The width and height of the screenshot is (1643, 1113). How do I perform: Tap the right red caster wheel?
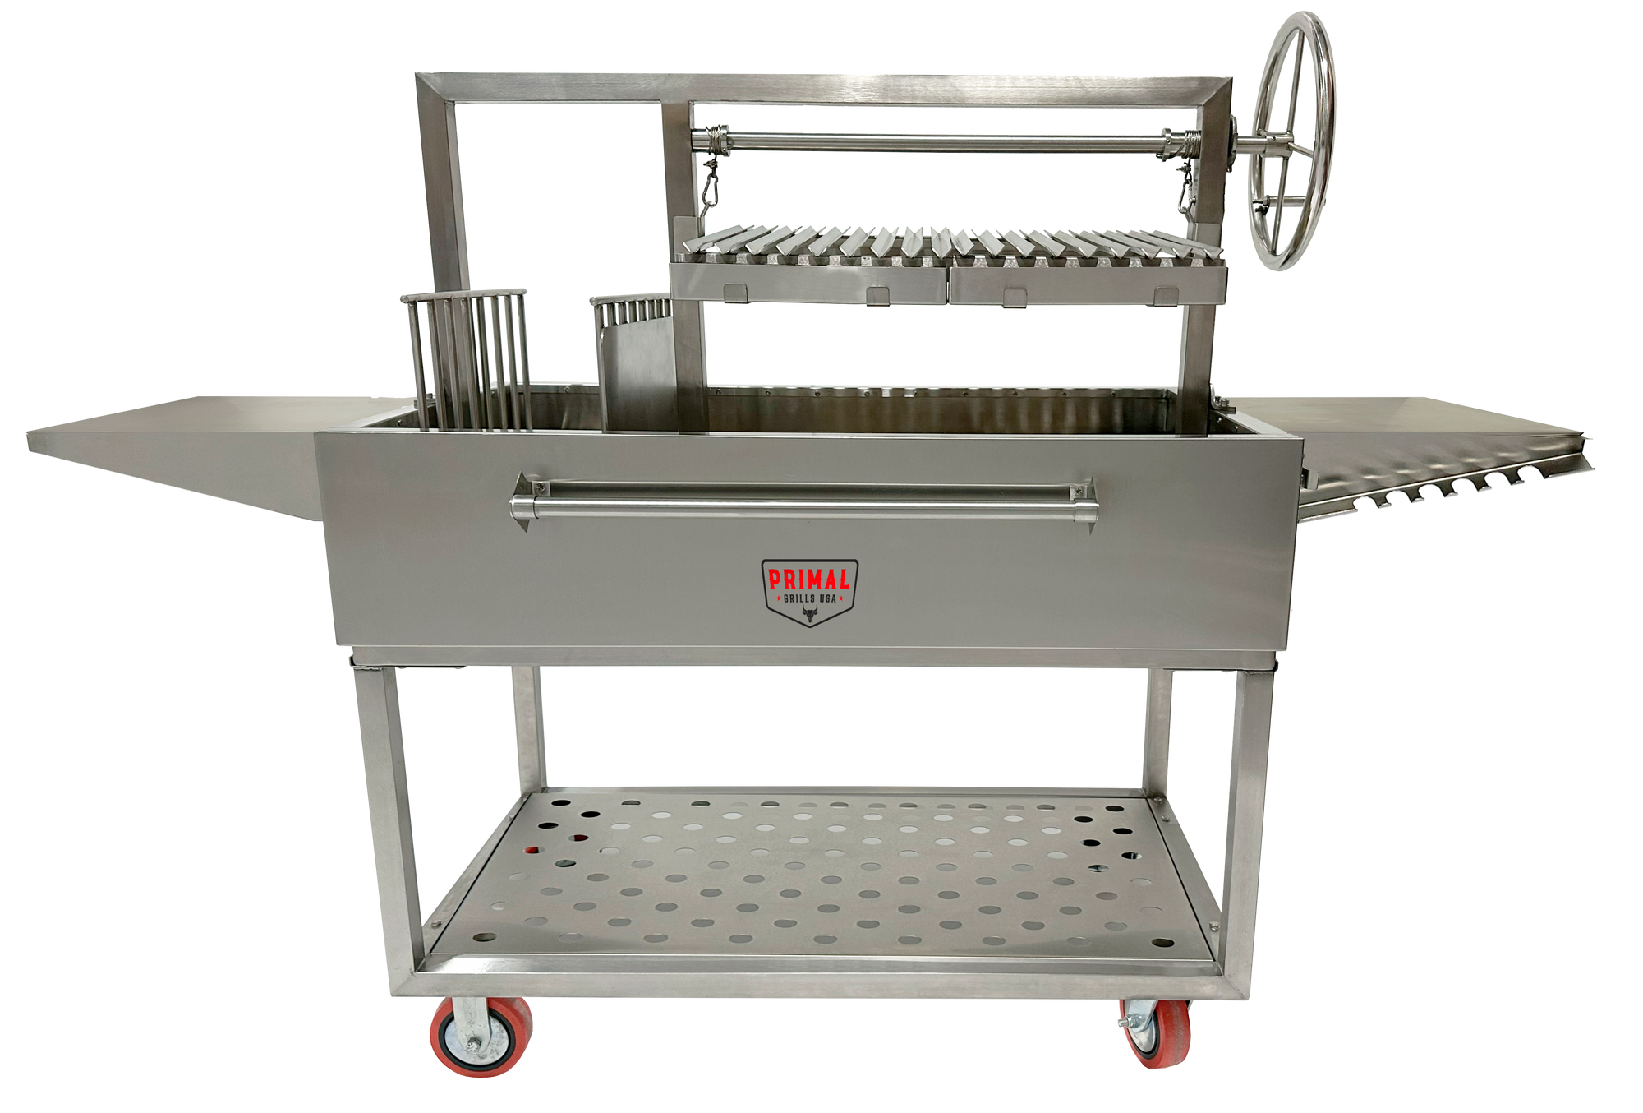(x=1157, y=1033)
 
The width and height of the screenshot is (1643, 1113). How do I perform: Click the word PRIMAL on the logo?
(x=809, y=580)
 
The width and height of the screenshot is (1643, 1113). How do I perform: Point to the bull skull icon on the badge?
(x=810, y=614)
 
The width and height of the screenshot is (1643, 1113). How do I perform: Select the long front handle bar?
(x=805, y=503)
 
